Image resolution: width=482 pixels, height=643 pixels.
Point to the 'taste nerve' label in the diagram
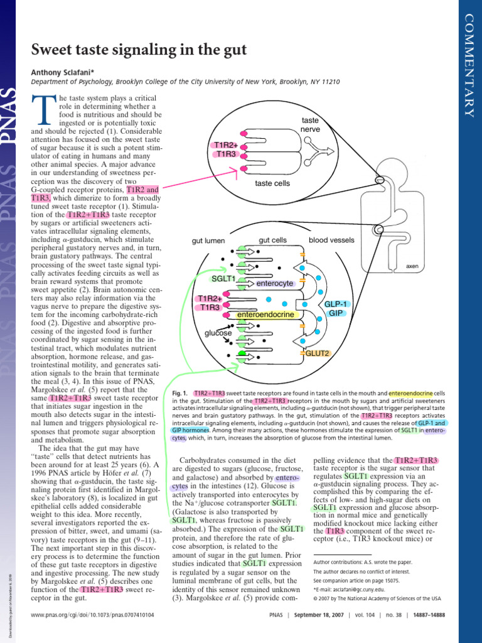(x=310, y=124)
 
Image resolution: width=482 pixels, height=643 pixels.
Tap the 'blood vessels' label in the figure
(x=331, y=240)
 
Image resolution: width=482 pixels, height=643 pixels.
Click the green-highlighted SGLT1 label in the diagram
(x=223, y=279)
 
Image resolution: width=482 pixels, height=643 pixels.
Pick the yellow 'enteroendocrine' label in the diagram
(x=266, y=314)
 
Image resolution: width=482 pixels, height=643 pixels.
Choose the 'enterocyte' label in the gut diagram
(x=275, y=284)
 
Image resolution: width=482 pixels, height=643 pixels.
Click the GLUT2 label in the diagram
(x=318, y=354)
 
